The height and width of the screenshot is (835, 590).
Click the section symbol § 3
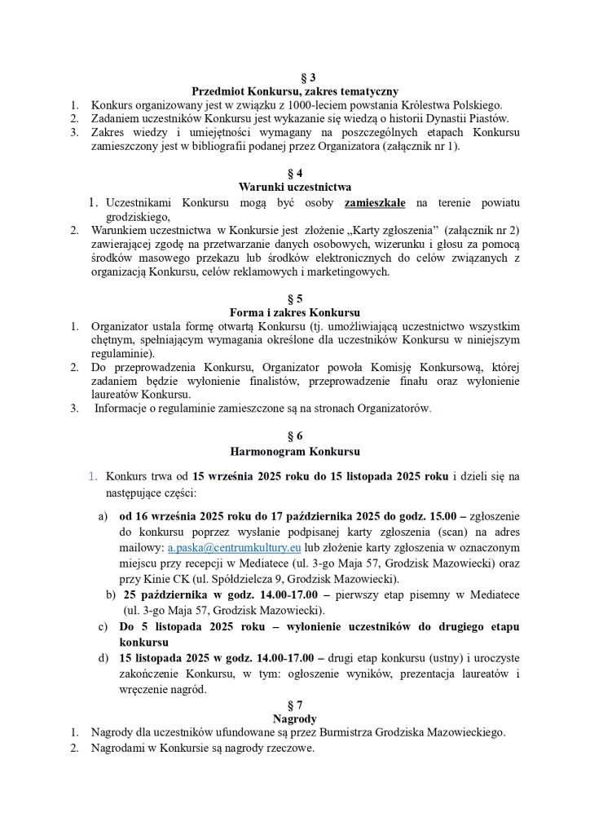295,77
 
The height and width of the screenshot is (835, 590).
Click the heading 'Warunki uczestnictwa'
295,187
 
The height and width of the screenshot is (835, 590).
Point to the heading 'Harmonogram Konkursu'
295,451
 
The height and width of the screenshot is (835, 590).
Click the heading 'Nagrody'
295,718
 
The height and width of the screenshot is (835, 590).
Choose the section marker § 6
295,436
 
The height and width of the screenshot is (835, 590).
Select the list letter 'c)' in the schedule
103,626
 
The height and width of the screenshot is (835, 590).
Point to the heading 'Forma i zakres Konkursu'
295,312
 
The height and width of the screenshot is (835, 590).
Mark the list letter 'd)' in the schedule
103,657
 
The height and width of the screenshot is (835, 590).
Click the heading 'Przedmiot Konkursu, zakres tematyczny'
295,91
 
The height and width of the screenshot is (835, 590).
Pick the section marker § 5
295,298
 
